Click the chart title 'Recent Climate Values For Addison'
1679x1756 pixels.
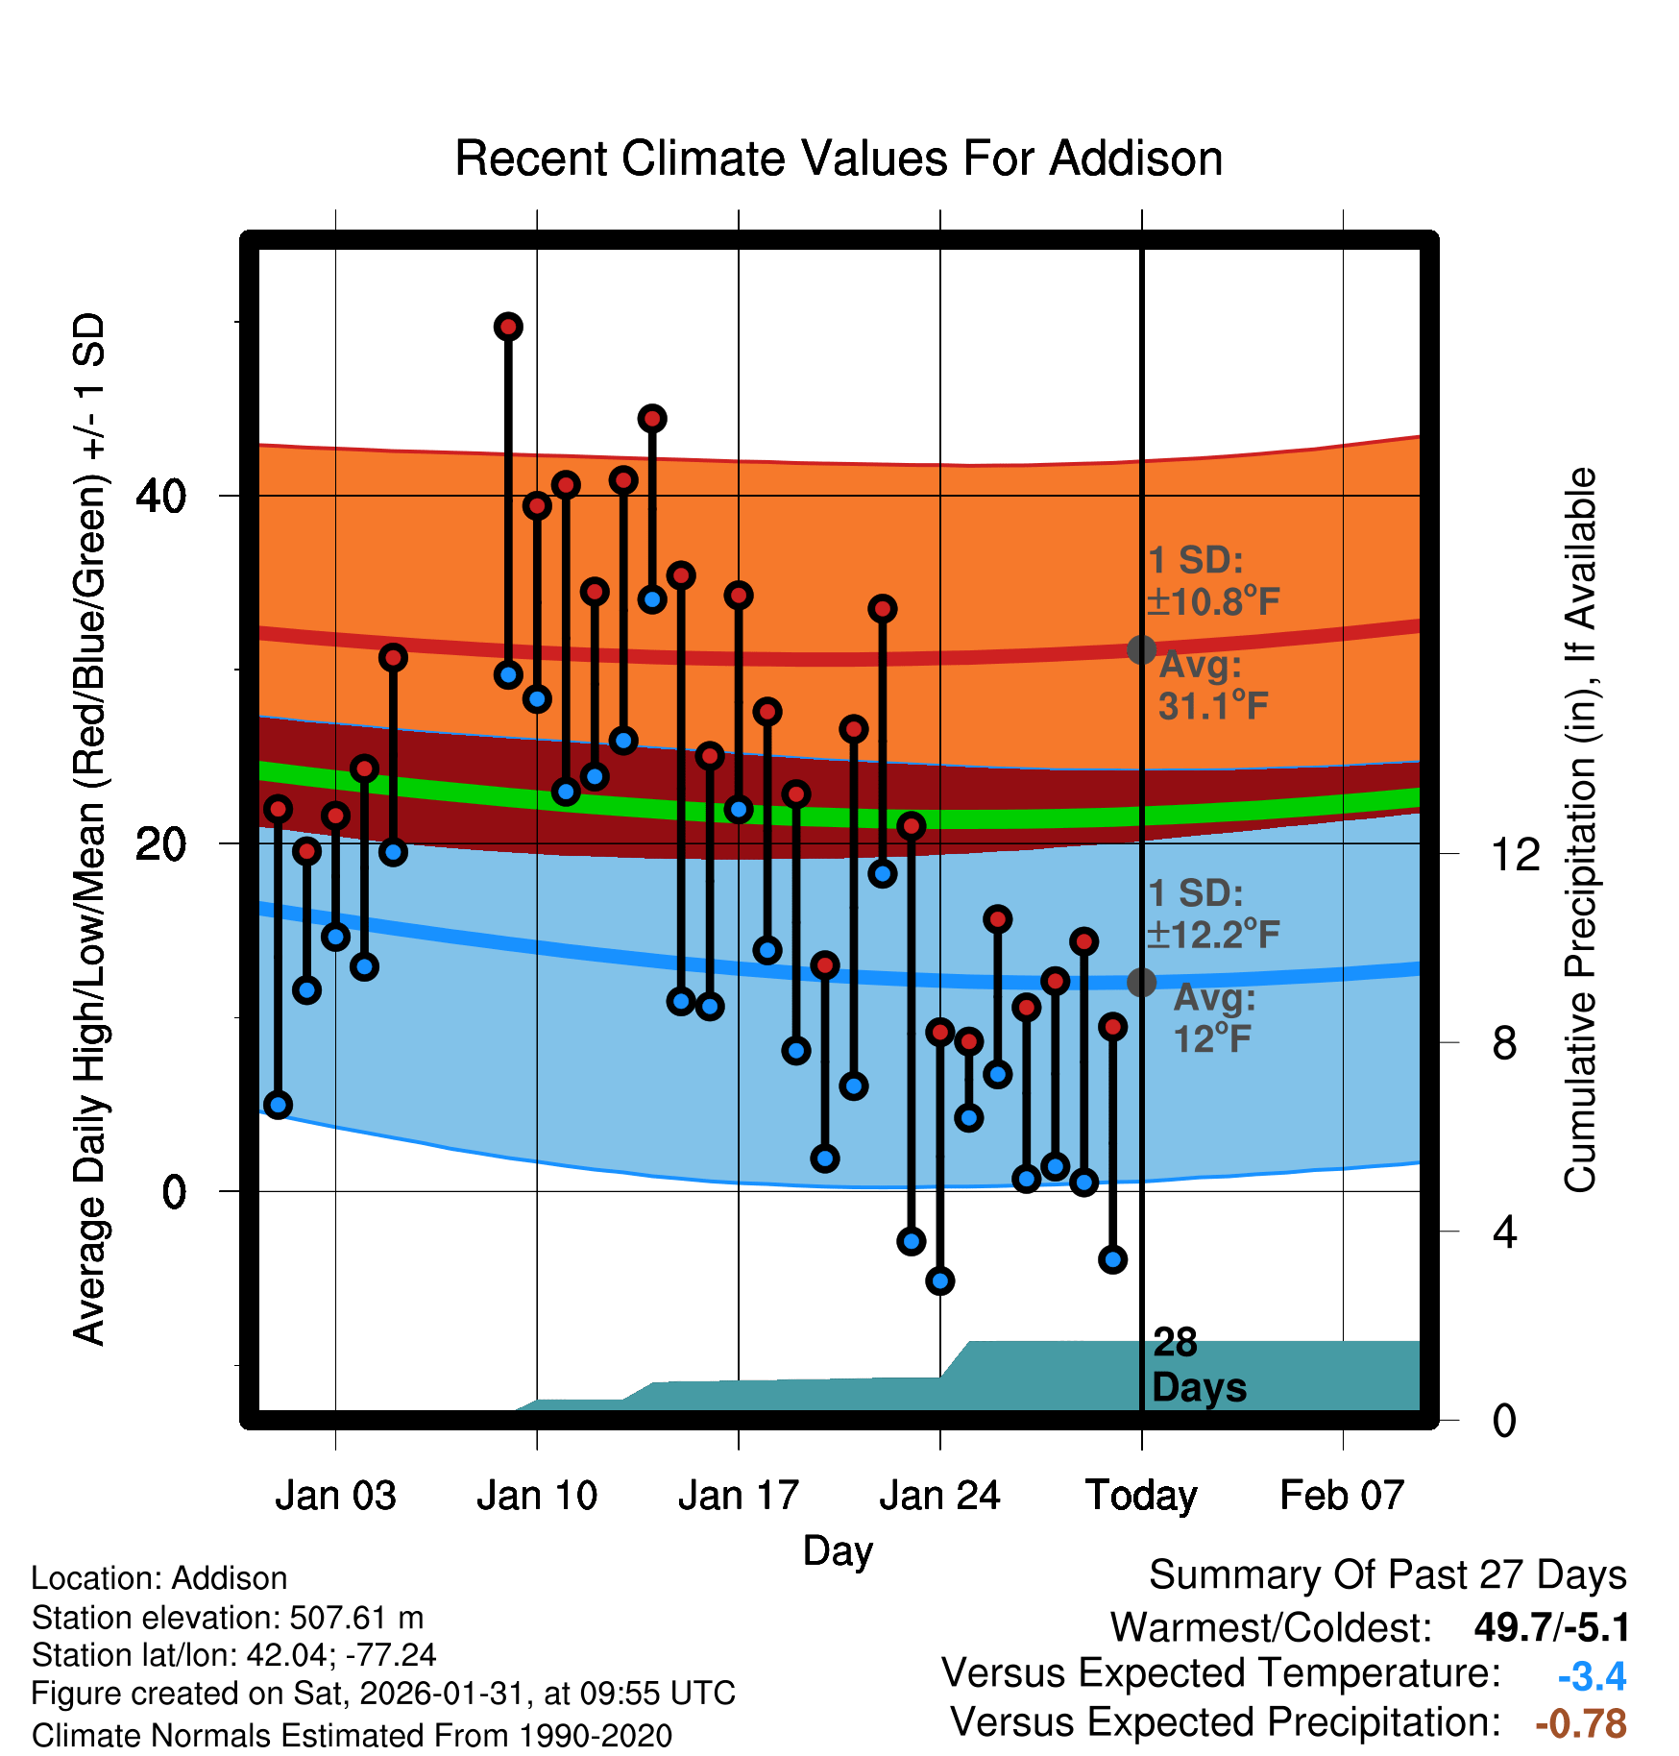pos(839,159)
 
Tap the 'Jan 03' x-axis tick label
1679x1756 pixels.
pos(335,1496)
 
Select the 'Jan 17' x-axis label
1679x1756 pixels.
pos(738,1496)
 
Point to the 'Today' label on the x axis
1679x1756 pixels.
pos(1141,1496)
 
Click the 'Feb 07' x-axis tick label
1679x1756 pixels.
pos(1342,1496)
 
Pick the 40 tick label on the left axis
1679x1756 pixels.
pos(160,496)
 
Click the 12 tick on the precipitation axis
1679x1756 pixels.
pos(1515,854)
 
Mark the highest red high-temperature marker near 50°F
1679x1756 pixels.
pos(508,327)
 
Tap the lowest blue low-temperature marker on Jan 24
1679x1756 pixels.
pos(940,1280)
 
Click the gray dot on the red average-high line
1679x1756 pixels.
pos(1141,650)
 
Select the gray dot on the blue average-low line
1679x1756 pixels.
pos(1141,982)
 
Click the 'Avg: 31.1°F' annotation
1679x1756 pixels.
pos(1212,686)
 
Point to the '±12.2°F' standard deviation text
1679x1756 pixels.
pos(1214,934)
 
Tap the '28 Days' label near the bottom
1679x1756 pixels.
pos(1198,1365)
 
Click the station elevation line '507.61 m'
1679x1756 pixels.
pos(228,1618)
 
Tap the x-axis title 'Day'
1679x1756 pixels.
pos(838,1550)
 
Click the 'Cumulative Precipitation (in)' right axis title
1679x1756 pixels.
pos(1580,831)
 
